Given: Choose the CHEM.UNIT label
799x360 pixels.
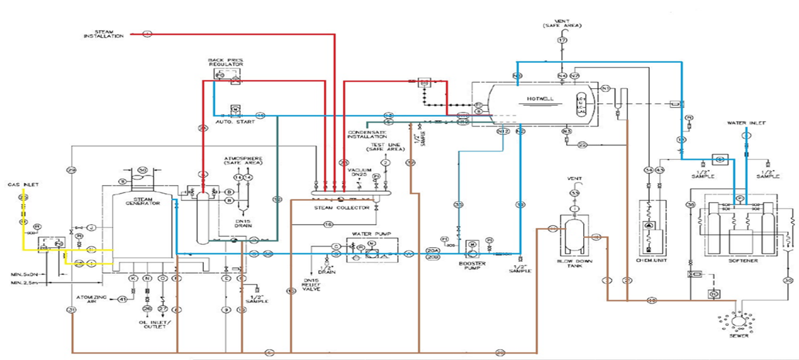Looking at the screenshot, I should tap(652, 261).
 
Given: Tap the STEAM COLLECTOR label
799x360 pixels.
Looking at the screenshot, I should tap(342, 207).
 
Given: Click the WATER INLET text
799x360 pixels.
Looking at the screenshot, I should tap(746, 123).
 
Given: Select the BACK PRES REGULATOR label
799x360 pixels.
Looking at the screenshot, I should tap(225, 63).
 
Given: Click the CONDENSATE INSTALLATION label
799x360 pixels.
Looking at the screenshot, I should tap(367, 134).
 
